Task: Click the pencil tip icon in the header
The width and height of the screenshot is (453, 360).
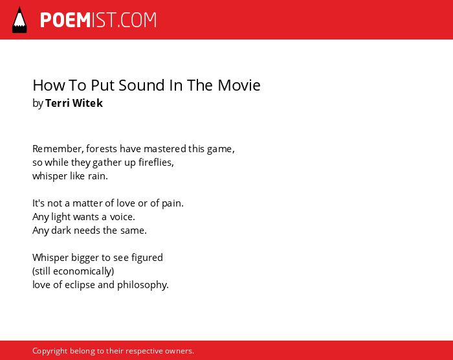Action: pyautogui.click(x=19, y=20)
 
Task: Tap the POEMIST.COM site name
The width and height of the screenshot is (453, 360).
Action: pyautogui.click(x=98, y=20)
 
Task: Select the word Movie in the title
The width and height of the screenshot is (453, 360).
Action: pyautogui.click(x=239, y=85)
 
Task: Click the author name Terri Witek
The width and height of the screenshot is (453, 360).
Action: pyautogui.click(x=74, y=103)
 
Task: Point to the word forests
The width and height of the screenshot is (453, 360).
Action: pyautogui.click(x=102, y=149)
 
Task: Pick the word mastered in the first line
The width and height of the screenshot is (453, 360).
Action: pyautogui.click(x=164, y=149)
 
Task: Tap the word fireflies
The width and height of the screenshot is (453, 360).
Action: pyautogui.click(x=156, y=163)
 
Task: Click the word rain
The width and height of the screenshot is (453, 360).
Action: pyautogui.click(x=98, y=176)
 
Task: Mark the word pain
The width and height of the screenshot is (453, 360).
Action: pyautogui.click(x=173, y=203)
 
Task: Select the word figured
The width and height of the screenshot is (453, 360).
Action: pyautogui.click(x=147, y=258)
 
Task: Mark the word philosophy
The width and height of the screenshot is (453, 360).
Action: pyautogui.click(x=143, y=285)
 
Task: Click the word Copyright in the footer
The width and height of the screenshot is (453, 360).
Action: pyautogui.click(x=50, y=351)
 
